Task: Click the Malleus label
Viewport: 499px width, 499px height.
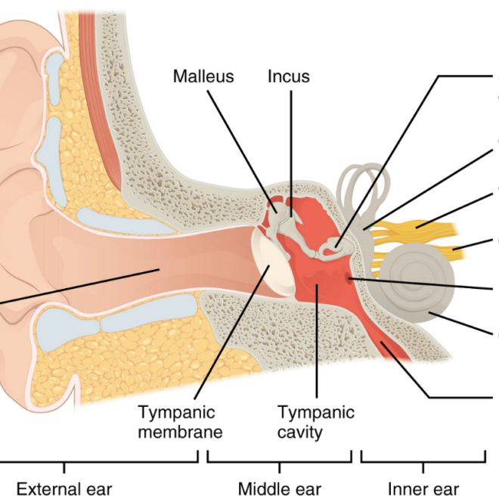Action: pyautogui.click(x=203, y=76)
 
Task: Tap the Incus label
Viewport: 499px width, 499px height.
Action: pyautogui.click(x=289, y=76)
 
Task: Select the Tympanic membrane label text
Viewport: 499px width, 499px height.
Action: pyautogui.click(x=180, y=423)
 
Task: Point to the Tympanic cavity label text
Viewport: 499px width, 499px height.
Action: pyautogui.click(x=315, y=423)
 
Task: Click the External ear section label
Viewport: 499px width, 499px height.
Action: pyautogui.click(x=64, y=488)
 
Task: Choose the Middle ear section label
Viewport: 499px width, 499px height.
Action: pyautogui.click(x=280, y=488)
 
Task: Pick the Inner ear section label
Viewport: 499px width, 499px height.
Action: pyautogui.click(x=423, y=488)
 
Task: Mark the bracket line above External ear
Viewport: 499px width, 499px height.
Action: pyautogui.click(x=98, y=461)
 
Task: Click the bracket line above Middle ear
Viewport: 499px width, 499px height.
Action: pyautogui.click(x=279, y=461)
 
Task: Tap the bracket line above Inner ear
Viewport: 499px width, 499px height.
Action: pyautogui.click(x=423, y=461)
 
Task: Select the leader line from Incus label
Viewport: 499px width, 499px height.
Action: pyautogui.click(x=290, y=151)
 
